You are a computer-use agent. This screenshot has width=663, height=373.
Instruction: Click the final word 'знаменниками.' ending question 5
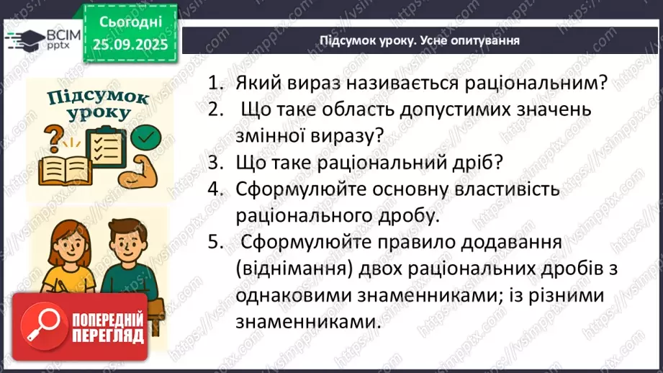coord(306,323)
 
